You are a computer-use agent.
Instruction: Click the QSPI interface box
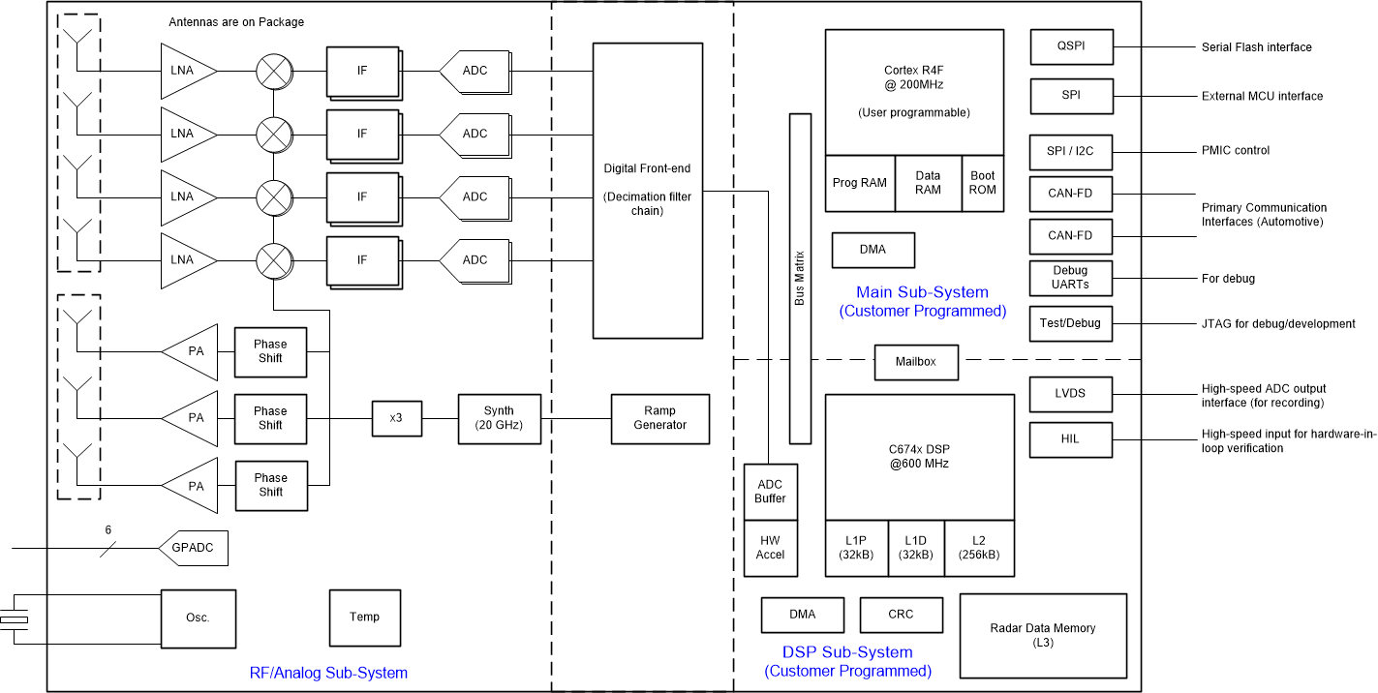[1071, 46]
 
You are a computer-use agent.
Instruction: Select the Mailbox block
[916, 362]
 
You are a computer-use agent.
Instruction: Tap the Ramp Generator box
[659, 418]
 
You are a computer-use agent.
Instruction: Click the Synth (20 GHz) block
[499, 418]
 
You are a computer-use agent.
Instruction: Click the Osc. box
[198, 618]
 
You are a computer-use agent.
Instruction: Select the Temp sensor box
[365, 618]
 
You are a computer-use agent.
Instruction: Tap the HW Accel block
[770, 548]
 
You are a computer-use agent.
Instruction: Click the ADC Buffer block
[770, 492]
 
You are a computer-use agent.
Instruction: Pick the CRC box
[901, 614]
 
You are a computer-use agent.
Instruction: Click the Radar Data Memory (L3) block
[1043, 635]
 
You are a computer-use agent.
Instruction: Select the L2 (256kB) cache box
[979, 548]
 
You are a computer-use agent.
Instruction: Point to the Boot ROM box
[982, 183]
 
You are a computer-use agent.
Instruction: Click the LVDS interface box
[1071, 393]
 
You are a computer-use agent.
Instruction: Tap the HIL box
[1071, 438]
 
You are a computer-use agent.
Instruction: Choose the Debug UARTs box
[1071, 278]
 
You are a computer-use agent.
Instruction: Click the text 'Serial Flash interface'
[1256, 47]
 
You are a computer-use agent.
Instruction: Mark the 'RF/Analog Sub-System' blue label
[328, 673]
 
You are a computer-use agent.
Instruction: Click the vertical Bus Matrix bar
[800, 278]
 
